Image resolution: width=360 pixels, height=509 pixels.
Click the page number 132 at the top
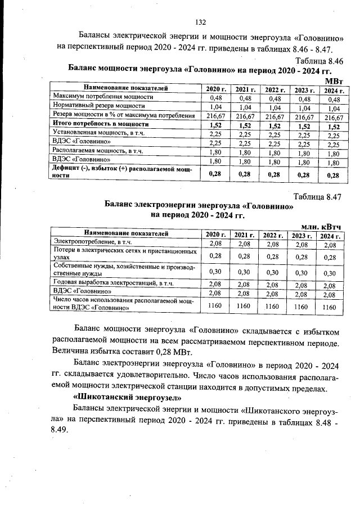pyautogui.click(x=201, y=22)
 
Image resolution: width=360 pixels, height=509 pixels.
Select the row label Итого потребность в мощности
pyautogui.click(x=101, y=124)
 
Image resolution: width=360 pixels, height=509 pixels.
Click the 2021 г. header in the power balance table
pyautogui.click(x=245, y=90)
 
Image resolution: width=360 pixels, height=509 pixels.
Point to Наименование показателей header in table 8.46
pyautogui.click(x=126, y=88)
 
